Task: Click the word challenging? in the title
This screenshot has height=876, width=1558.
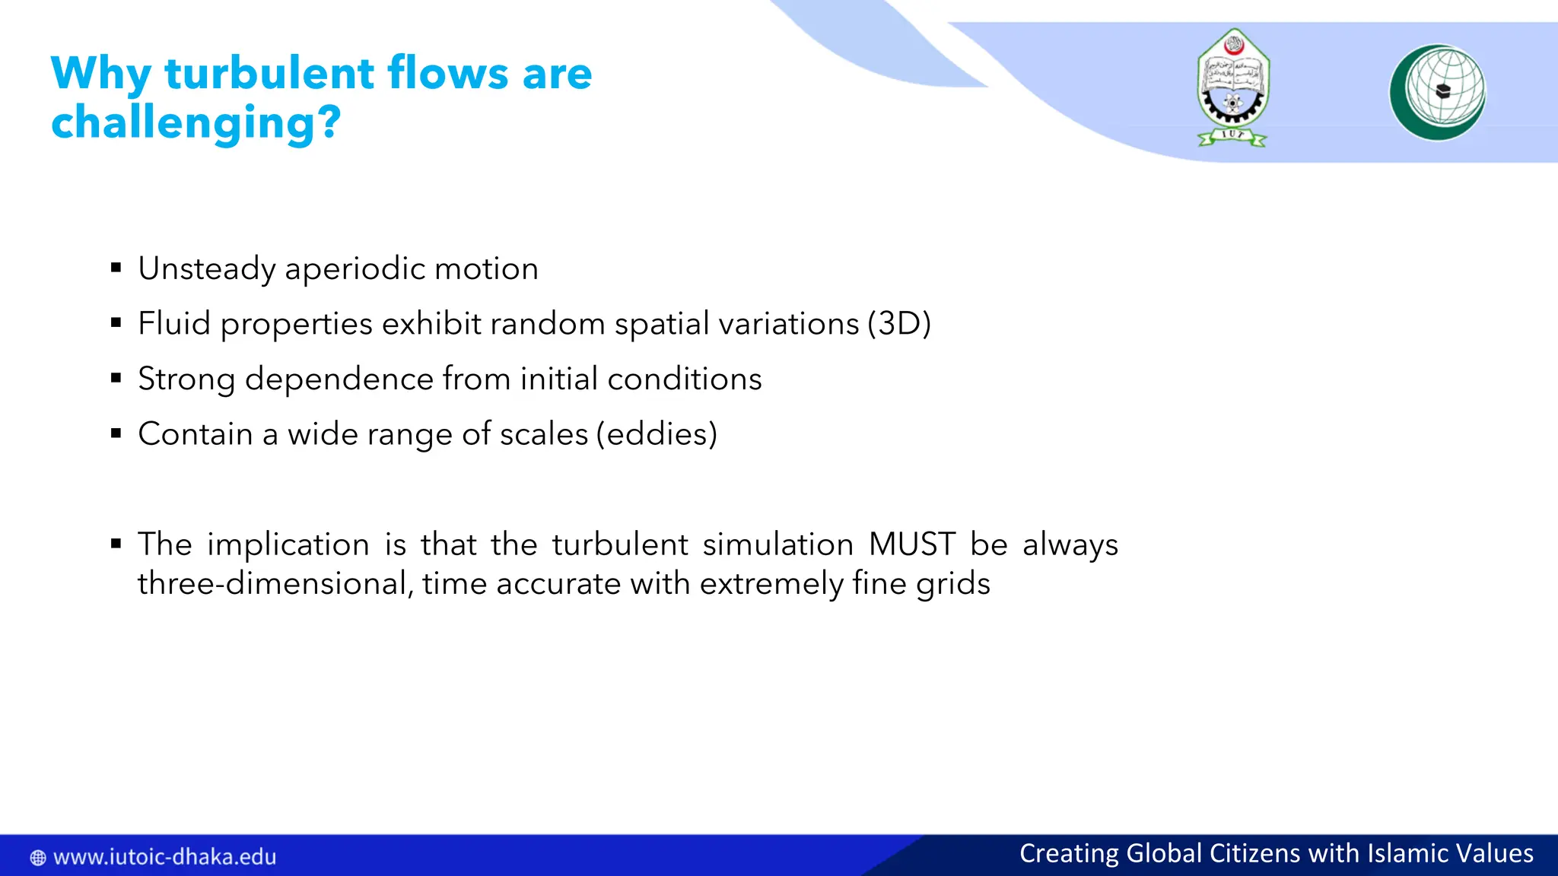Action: [x=196, y=123]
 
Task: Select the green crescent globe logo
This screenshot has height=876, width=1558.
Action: [x=1437, y=92]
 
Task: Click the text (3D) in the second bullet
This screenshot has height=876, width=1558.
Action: [x=899, y=324]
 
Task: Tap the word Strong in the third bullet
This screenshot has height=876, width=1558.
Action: [x=186, y=379]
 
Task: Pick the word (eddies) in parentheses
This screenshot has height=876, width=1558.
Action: [x=657, y=434]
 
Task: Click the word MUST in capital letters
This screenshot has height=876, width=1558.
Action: [x=911, y=544]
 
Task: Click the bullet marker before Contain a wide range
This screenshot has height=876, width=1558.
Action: [x=116, y=433]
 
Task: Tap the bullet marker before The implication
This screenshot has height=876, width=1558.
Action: [x=116, y=543]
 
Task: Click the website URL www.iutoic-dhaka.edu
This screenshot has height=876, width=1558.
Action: [x=164, y=857]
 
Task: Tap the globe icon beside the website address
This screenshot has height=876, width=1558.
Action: [x=37, y=858]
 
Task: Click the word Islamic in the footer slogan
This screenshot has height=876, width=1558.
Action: [x=1408, y=853]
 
